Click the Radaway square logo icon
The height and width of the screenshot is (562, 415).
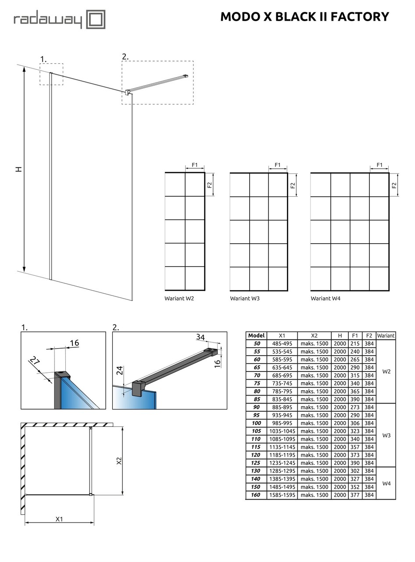(95, 20)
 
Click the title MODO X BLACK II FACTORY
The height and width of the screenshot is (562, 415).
(304, 17)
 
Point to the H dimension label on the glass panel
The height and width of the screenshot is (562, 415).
(19, 169)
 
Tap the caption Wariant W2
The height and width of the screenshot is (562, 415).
(179, 299)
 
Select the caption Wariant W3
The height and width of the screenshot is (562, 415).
(245, 299)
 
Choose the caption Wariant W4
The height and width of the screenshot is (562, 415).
(326, 299)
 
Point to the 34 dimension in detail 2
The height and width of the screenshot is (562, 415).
(200, 337)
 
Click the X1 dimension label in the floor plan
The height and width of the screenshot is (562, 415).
(59, 519)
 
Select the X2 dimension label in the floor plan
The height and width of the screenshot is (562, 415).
(118, 461)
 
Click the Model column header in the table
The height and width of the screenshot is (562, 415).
(256, 335)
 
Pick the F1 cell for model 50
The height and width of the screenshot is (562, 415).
(355, 344)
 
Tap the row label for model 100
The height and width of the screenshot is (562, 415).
(256, 423)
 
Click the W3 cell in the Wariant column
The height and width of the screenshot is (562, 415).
(386, 436)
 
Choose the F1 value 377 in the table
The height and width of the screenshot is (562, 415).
(355, 495)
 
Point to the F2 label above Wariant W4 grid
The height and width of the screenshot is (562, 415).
(394, 185)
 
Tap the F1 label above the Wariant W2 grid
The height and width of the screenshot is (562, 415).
(195, 165)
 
